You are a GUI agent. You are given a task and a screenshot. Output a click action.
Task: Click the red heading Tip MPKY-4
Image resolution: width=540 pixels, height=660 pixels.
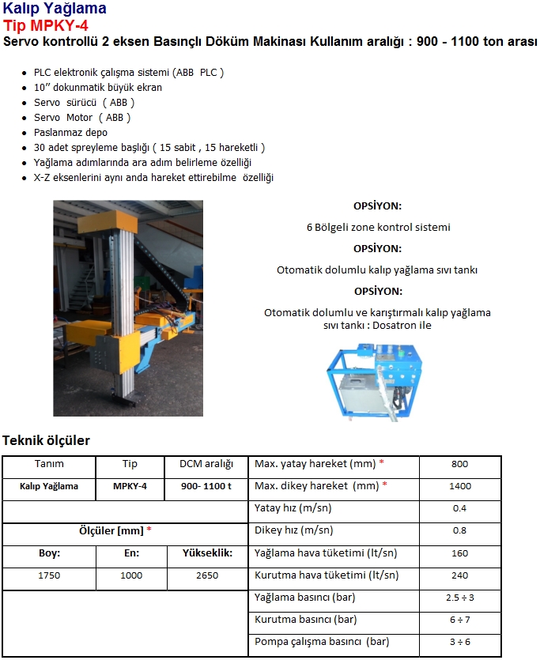pyautogui.click(x=45, y=25)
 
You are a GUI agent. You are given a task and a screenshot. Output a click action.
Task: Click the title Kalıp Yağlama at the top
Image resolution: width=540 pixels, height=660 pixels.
pyautogui.click(x=55, y=9)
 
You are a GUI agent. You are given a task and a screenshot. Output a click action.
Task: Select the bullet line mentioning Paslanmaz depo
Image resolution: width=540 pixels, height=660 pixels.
pyautogui.click(x=70, y=132)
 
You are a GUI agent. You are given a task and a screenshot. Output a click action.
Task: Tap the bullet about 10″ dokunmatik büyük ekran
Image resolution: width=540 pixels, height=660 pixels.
pyautogui.click(x=98, y=87)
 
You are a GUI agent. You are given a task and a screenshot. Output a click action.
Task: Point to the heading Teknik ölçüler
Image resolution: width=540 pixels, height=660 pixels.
pyautogui.click(x=47, y=440)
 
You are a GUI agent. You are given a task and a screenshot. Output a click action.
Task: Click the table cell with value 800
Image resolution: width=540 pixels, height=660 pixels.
pyautogui.click(x=459, y=464)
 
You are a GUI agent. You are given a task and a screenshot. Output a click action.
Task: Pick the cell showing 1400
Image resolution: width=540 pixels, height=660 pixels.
pyautogui.click(x=459, y=486)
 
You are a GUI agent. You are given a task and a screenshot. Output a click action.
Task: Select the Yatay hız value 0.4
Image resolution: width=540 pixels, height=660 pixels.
pyautogui.click(x=459, y=508)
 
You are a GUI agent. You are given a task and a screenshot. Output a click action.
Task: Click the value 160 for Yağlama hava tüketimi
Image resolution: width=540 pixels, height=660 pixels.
pyautogui.click(x=459, y=553)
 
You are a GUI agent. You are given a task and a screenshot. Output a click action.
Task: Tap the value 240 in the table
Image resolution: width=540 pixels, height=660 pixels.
pyautogui.click(x=459, y=575)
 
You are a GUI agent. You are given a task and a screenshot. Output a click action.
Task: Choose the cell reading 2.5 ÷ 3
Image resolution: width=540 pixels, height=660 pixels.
pyautogui.click(x=459, y=598)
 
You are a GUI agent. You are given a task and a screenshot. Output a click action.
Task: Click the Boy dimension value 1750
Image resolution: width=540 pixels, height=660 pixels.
pyautogui.click(x=49, y=575)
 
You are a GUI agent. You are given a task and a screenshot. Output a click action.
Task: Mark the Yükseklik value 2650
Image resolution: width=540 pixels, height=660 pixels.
pyautogui.click(x=206, y=575)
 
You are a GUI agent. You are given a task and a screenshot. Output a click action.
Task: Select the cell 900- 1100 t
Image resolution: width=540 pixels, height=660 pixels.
pyautogui.click(x=206, y=486)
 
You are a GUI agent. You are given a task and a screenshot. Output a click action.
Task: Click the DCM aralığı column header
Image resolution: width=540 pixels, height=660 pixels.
pyautogui.click(x=206, y=464)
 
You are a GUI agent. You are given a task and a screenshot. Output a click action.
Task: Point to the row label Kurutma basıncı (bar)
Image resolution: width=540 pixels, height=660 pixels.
pyautogui.click(x=305, y=620)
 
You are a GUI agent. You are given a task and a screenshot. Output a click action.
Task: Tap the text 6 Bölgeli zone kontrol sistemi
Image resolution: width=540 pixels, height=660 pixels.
pyautogui.click(x=378, y=227)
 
